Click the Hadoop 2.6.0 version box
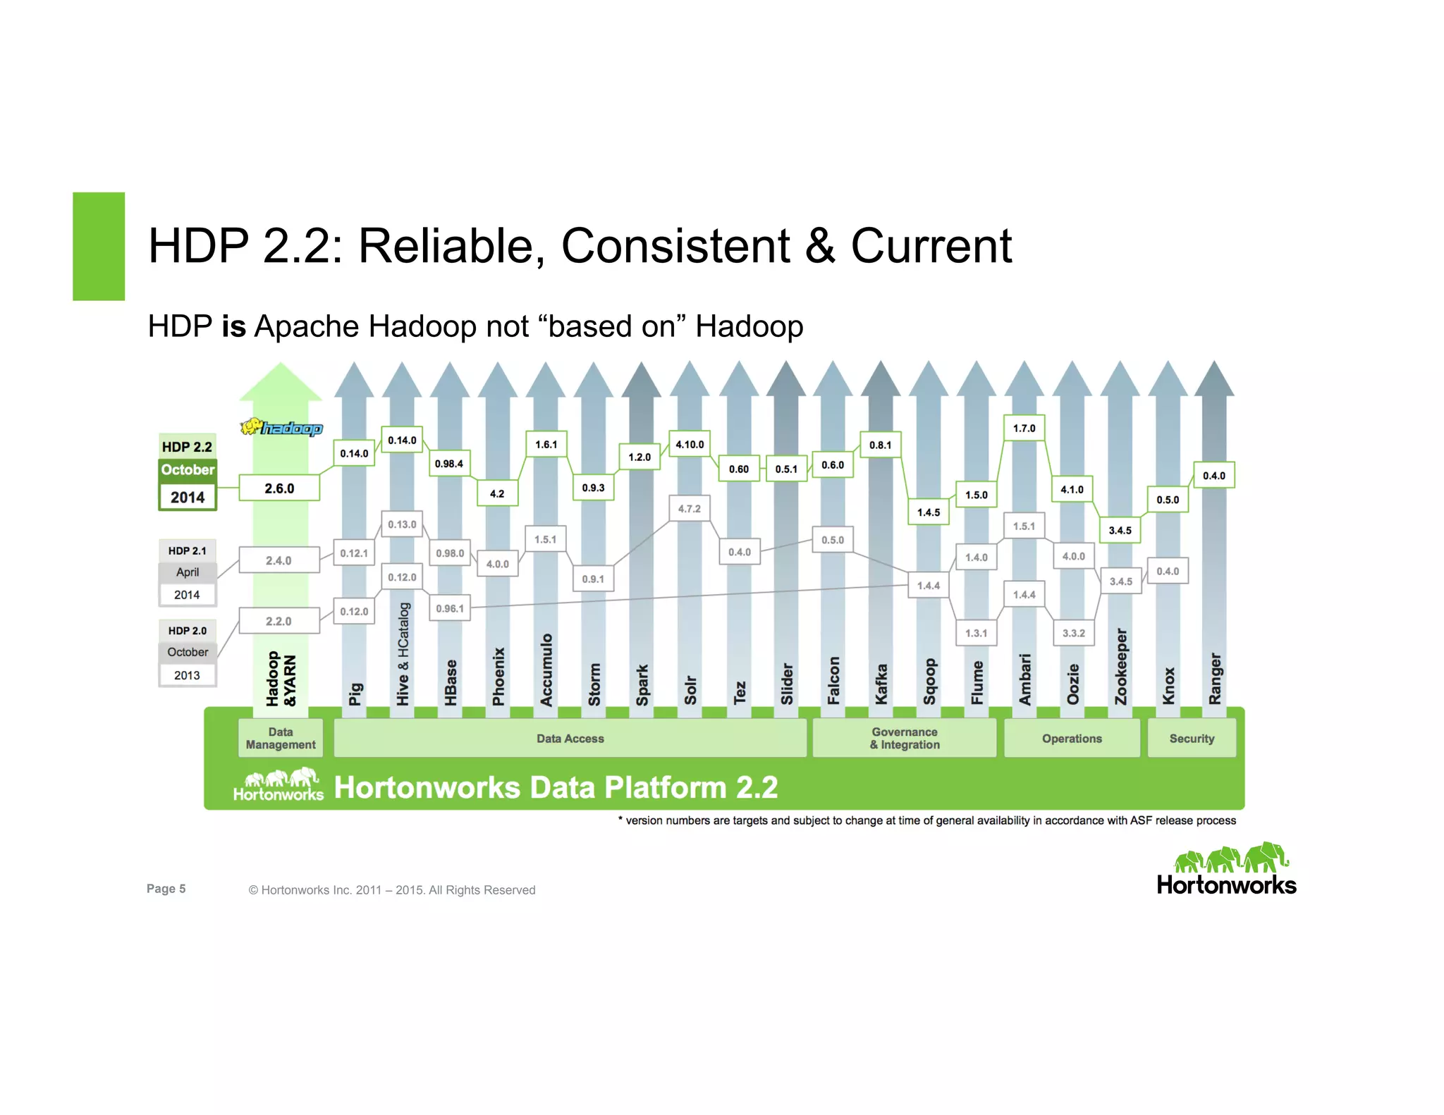pos(279,488)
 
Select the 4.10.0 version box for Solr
pos(689,444)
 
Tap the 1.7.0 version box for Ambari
pos(1024,428)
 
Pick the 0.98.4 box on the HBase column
pos(449,463)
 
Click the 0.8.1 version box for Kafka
pos(880,445)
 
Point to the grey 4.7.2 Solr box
pos(689,508)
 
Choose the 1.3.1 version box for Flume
pos(976,633)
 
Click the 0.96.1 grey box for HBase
pos(449,608)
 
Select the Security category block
pos(1192,738)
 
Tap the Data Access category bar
pos(570,738)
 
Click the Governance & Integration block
pos(905,738)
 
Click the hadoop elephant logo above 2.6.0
pos(281,427)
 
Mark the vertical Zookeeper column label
pos(1120,666)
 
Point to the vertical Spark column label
pos(642,684)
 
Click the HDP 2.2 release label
pos(187,447)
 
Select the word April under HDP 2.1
pos(187,572)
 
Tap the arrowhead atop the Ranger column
pos(1214,381)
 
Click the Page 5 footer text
pos(166,889)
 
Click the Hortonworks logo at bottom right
pos(1226,870)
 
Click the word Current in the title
pos(931,246)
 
